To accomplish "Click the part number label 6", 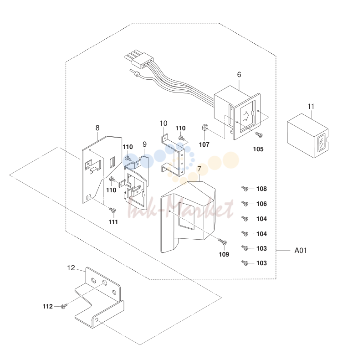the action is tap(239, 75).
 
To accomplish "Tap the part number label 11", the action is tap(311, 107).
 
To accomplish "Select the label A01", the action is tap(301, 251).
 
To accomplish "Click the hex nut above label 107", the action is tap(205, 127).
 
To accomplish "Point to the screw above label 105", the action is tap(259, 134).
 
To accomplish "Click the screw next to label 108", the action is tap(245, 189).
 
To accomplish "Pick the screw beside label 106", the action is tap(245, 204).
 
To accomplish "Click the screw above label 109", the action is tap(222, 242).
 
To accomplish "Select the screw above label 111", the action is tap(112, 210).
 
